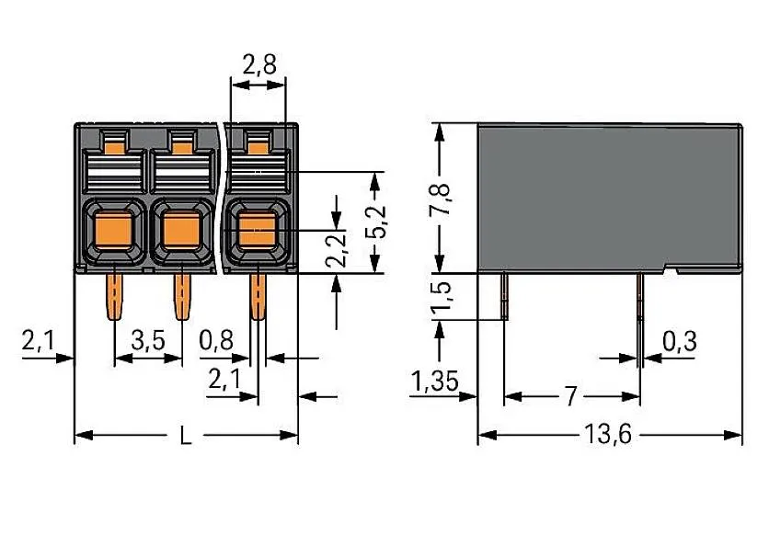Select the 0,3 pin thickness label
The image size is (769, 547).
point(678,342)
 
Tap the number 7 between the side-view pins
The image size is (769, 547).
point(571,397)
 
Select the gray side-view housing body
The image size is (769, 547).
point(607,198)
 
